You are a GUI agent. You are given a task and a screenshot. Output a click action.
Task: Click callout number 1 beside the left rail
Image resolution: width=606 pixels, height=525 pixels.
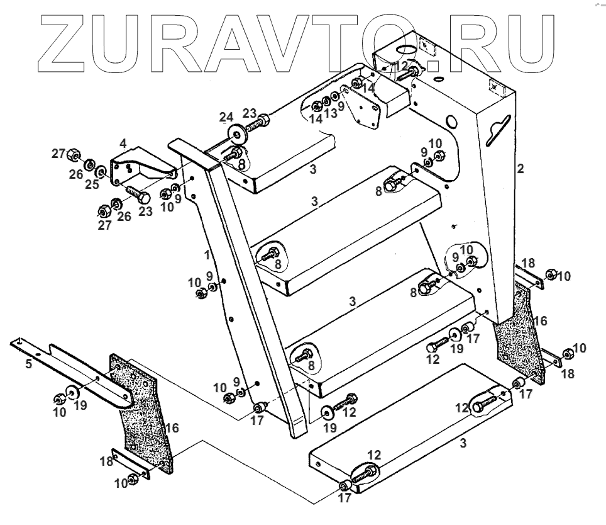point(207,256)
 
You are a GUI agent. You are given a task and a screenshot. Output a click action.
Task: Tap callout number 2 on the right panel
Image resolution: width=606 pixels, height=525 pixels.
point(520,168)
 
